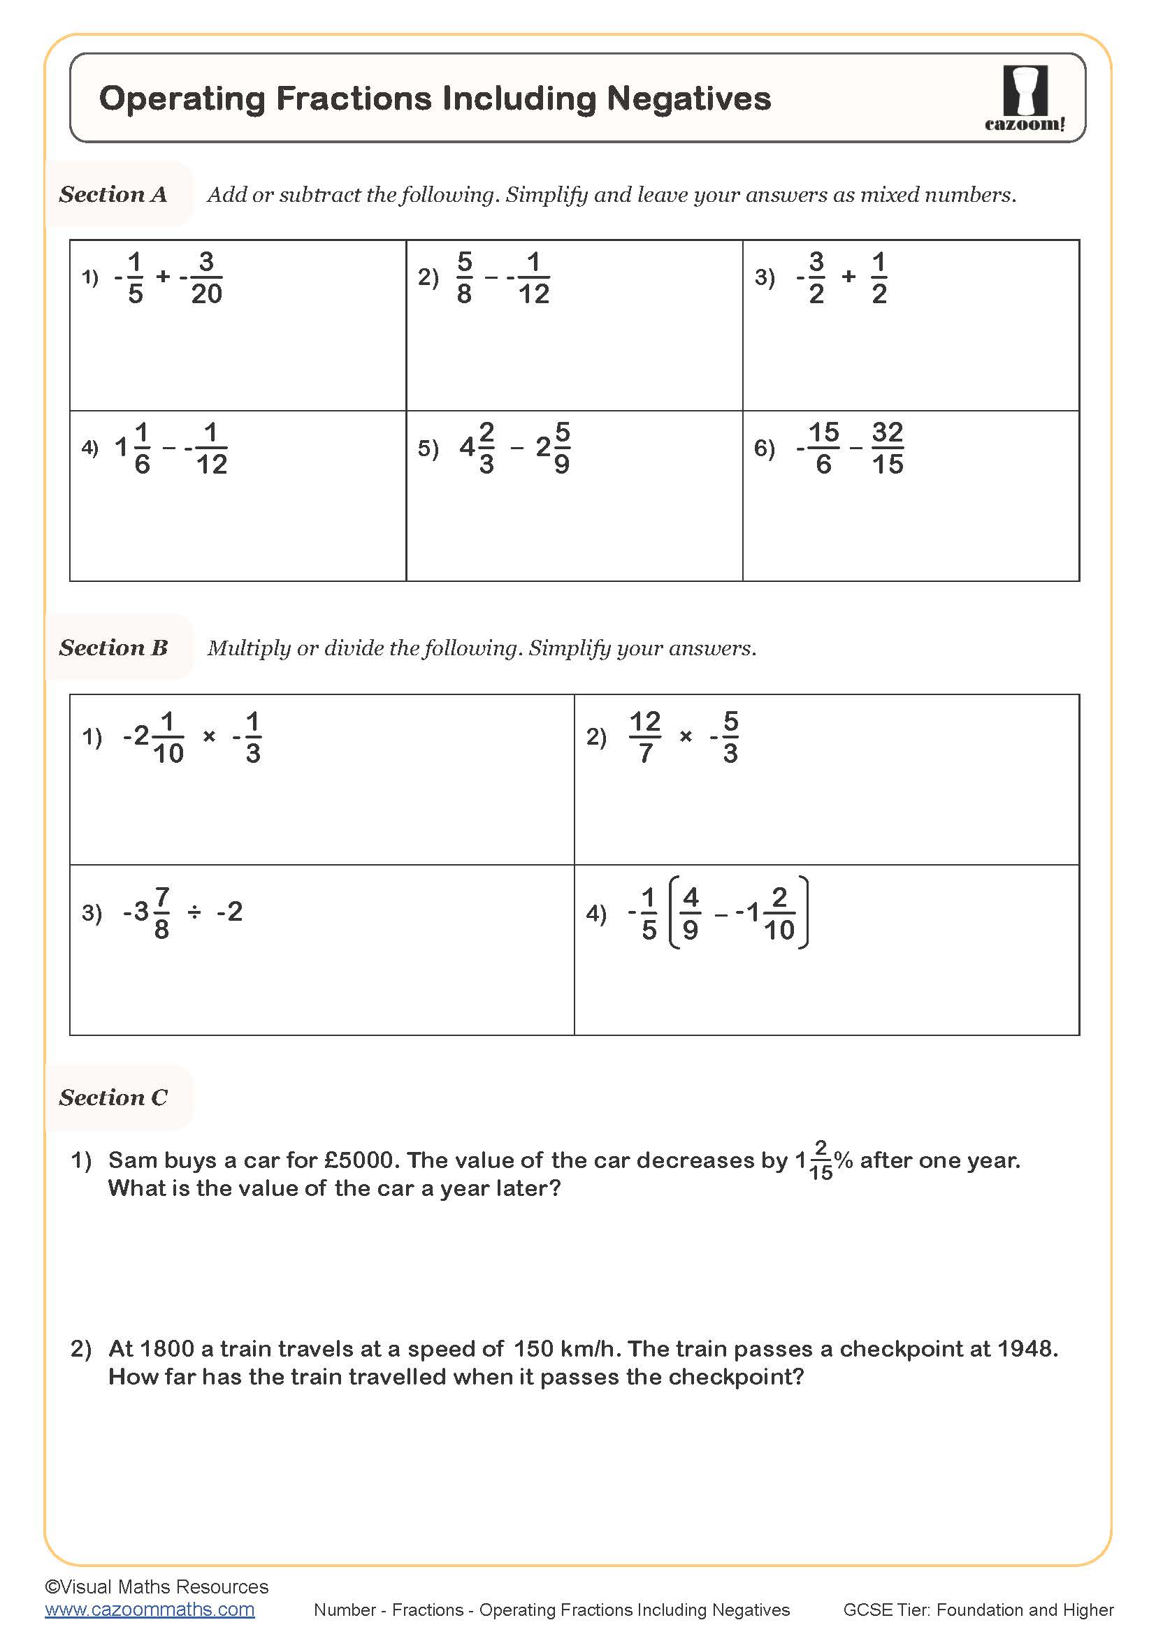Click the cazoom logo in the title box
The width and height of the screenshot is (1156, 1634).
click(x=1025, y=98)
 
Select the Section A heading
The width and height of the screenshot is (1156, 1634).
click(x=113, y=194)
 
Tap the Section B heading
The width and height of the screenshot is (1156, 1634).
click(x=113, y=648)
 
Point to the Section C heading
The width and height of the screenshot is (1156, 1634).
click(x=113, y=1097)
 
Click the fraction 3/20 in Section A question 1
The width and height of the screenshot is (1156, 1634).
click(x=205, y=277)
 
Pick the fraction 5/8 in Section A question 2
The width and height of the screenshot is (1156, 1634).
click(x=464, y=277)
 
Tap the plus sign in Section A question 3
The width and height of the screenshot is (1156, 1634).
click(x=848, y=276)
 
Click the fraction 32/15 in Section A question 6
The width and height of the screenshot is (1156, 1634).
click(x=887, y=448)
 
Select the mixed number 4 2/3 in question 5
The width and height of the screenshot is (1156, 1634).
click(x=477, y=448)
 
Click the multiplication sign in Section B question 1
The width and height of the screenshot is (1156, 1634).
click(x=208, y=736)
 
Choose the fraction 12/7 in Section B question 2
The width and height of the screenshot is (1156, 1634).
click(x=645, y=736)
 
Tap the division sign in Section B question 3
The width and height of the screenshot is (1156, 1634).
click(x=194, y=912)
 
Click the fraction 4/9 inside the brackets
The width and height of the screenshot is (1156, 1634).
click(x=690, y=912)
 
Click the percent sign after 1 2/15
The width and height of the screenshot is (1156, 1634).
click(x=844, y=1160)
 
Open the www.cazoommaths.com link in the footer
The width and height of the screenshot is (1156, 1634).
click(x=150, y=1610)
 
